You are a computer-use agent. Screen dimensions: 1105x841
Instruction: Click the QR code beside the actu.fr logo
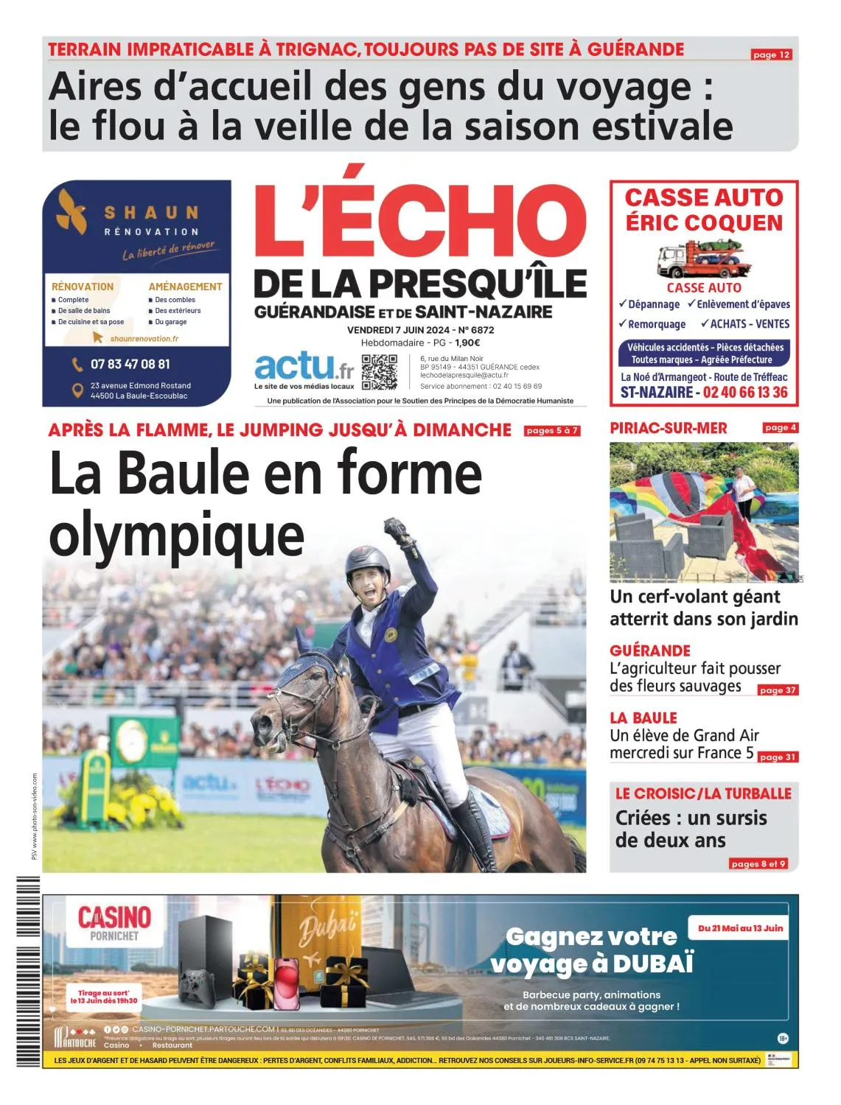(379, 372)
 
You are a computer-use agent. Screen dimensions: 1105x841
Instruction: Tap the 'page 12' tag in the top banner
(771, 55)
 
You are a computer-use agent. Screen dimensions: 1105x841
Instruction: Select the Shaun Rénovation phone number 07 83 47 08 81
(130, 364)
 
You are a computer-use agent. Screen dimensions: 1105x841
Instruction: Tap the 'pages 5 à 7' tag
(551, 431)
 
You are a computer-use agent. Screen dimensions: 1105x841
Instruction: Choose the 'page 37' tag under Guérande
(778, 690)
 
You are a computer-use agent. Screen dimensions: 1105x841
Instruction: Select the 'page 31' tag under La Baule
(778, 757)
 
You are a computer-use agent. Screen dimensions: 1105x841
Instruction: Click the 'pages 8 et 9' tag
(758, 863)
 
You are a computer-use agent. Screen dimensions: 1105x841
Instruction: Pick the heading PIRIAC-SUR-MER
(668, 428)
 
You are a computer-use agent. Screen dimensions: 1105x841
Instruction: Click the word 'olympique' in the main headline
(176, 536)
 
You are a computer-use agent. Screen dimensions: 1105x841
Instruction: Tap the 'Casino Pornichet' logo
(114, 924)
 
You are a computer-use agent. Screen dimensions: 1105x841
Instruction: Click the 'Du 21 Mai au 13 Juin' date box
(740, 927)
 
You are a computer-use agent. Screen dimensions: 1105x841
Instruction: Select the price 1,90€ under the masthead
(467, 343)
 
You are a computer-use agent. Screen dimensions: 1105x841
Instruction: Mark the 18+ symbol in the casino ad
(783, 1038)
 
